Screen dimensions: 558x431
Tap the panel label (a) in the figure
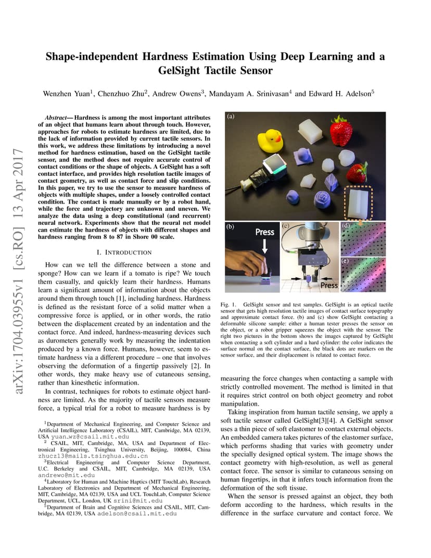pyautogui.click(x=231, y=117)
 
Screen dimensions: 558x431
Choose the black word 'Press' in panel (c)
pyautogui.click(x=328, y=285)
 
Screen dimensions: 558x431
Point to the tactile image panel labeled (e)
pyautogui.click(x=363, y=274)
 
